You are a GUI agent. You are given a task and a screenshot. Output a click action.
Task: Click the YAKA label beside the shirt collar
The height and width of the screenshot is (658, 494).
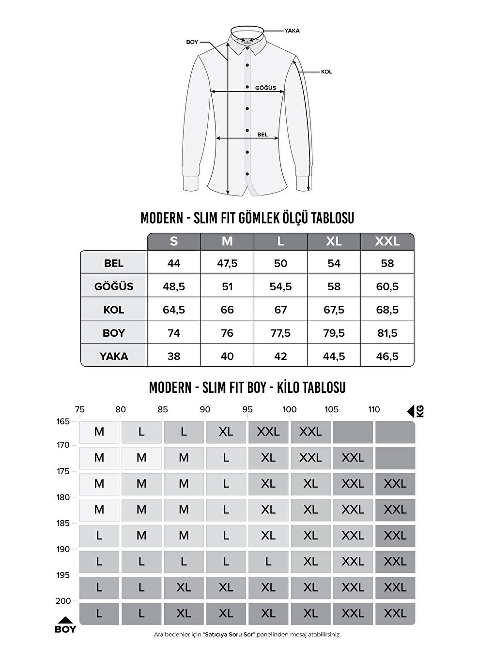pos(292,30)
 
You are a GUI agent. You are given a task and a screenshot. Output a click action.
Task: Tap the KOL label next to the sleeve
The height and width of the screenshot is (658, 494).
pos(326,72)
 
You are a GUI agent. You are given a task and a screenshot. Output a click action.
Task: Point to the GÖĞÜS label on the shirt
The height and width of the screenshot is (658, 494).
pos(265,88)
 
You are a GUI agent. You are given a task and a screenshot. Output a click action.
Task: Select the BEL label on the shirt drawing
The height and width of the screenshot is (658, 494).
pos(262,135)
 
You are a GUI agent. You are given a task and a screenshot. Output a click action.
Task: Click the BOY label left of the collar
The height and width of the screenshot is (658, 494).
pos(192,42)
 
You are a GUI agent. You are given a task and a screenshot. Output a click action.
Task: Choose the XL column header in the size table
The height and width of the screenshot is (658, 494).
pos(334,241)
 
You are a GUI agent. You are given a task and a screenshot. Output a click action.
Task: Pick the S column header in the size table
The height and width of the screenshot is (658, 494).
pos(174,241)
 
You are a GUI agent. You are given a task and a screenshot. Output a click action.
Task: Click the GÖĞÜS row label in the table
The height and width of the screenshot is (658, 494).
pos(114,286)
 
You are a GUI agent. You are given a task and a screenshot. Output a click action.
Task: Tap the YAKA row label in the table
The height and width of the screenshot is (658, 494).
pos(114,357)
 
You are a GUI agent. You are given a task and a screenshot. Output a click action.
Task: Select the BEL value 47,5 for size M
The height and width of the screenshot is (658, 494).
pos(227,264)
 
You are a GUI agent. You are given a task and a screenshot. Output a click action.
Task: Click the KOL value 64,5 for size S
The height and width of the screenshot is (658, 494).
pos(174,310)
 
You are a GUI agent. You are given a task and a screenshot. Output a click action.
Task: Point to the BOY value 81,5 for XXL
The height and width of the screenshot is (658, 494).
pos(387,333)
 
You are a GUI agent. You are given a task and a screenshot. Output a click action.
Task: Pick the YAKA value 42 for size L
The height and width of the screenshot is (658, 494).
pos(280,357)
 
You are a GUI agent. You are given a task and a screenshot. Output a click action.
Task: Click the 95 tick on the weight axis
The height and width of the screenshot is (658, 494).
pos(247,410)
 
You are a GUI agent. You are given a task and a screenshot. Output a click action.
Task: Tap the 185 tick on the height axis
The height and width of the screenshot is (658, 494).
pos(63,523)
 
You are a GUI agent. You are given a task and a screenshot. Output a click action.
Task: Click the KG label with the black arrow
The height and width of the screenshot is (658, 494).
pos(416,412)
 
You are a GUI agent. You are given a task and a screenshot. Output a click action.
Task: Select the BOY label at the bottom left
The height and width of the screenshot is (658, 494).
pos(65,629)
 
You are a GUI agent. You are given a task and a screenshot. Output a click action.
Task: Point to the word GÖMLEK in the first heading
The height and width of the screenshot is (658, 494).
pos(259,218)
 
